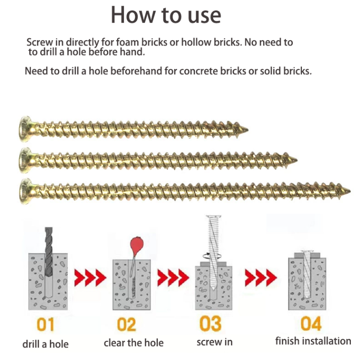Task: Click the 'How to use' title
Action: point(166,15)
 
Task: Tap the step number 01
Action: point(46,324)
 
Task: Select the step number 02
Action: point(126,324)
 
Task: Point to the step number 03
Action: point(211,324)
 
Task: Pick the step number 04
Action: point(311,323)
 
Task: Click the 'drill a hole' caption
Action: point(46,344)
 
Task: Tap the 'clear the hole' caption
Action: point(133,343)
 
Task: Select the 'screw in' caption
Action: point(215,342)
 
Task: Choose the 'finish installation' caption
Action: point(313,341)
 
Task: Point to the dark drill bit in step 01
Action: point(48,252)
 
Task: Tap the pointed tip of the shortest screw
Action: point(248,130)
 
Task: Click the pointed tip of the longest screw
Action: point(349,190)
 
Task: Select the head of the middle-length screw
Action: point(26,160)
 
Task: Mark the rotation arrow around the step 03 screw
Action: point(212,255)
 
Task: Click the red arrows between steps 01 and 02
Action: point(90,278)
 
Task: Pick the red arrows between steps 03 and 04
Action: point(261,278)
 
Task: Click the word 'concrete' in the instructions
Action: point(198,71)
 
